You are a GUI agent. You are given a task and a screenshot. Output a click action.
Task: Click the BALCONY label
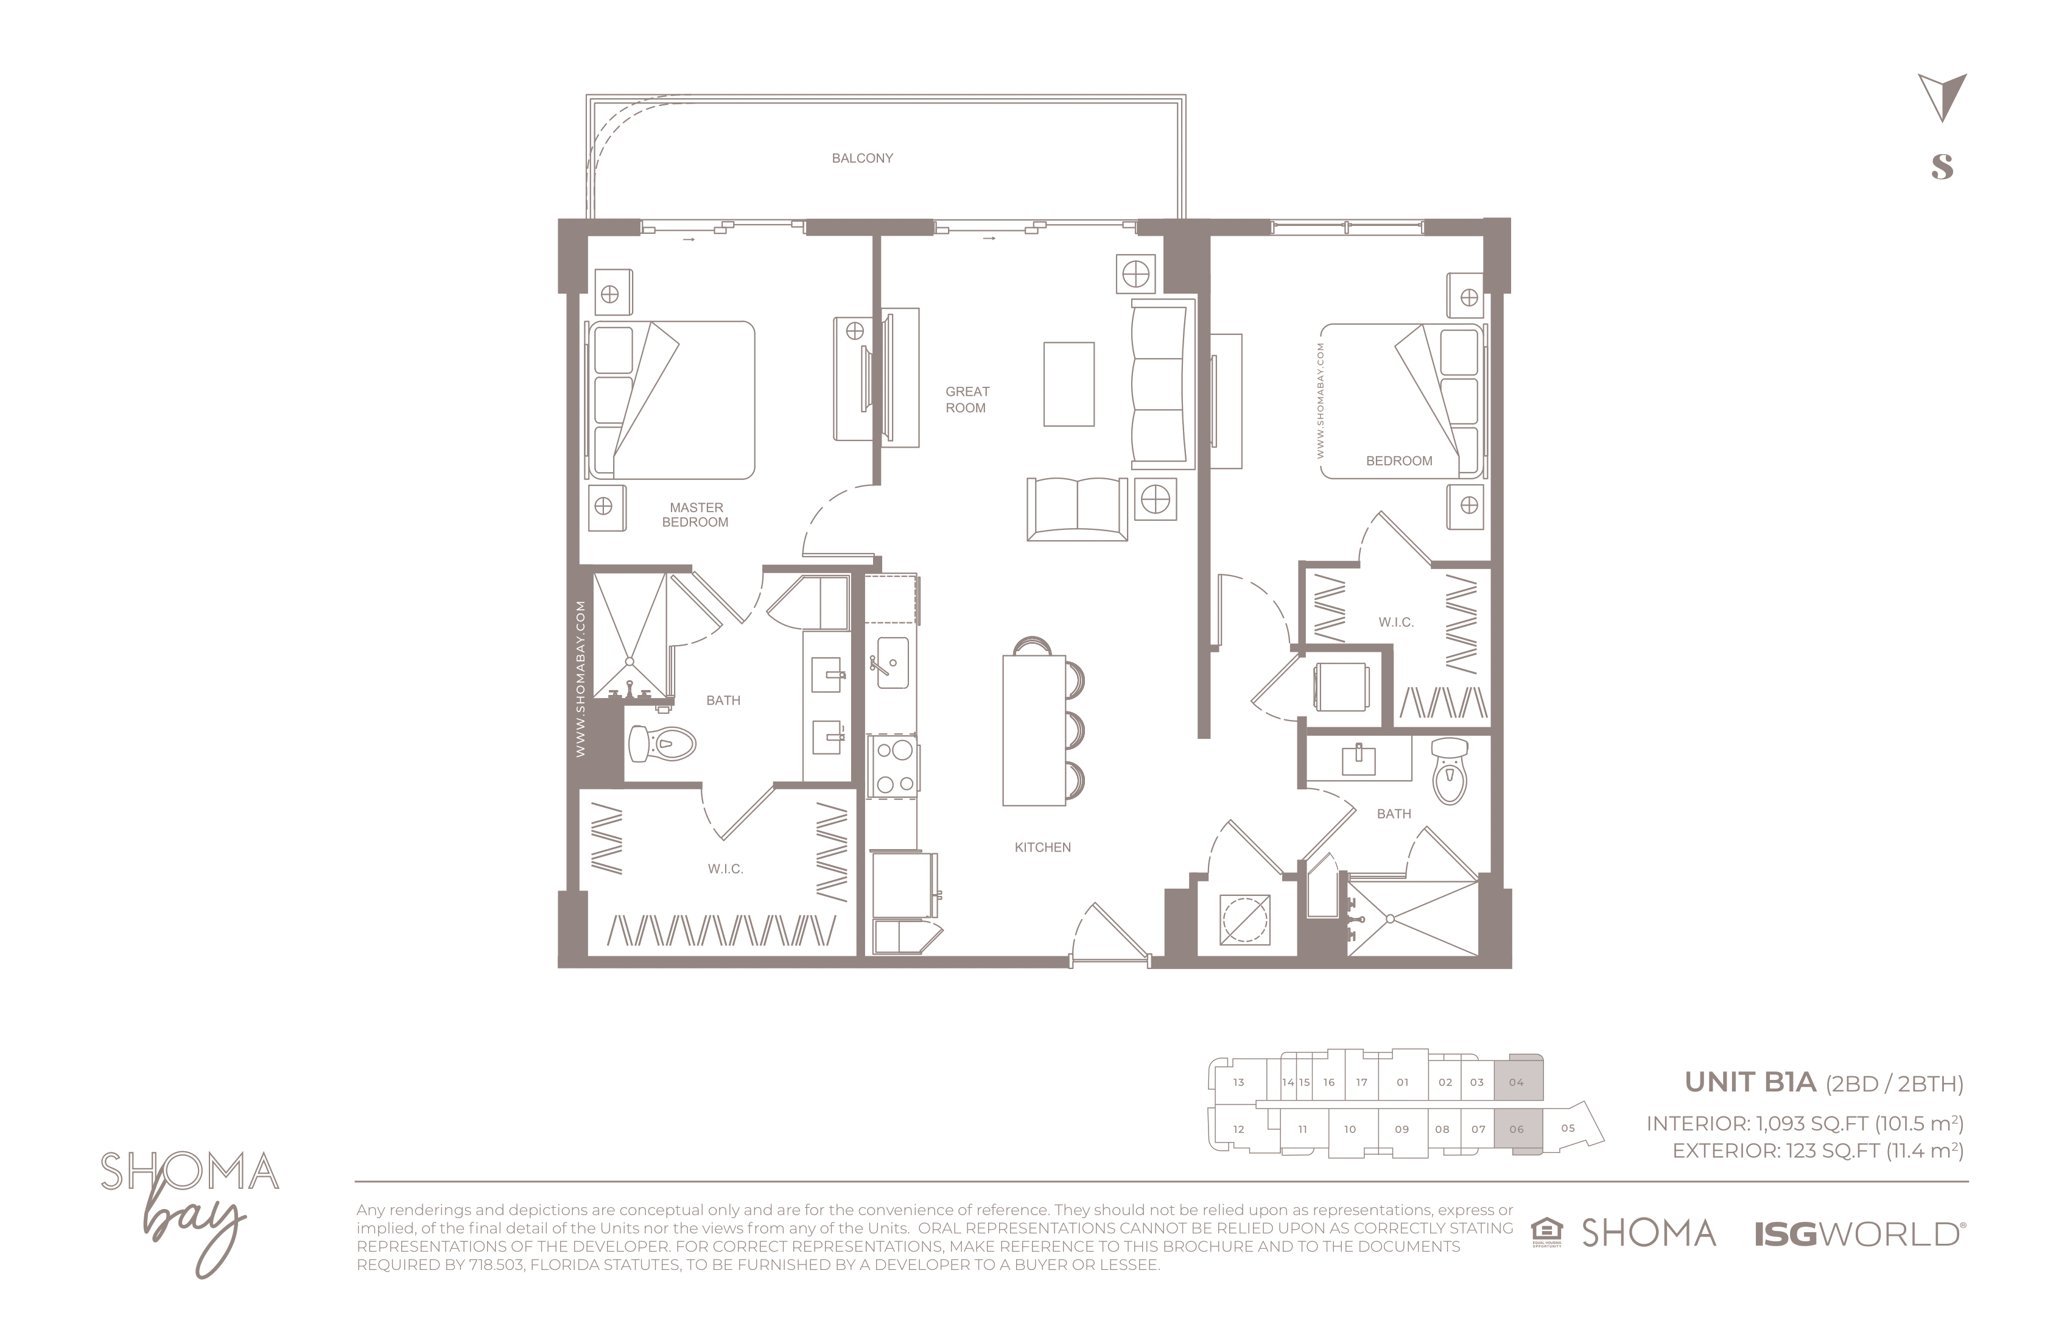point(862,158)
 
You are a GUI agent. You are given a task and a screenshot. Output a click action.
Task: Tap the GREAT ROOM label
point(966,400)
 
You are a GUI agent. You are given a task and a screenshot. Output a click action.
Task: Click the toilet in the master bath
point(662,744)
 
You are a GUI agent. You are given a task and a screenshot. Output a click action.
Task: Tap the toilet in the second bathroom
point(1449,771)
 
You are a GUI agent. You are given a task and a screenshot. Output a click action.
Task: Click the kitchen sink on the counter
point(891,663)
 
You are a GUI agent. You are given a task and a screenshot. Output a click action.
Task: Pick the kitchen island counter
point(1034,731)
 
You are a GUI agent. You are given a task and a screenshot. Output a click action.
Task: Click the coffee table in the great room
point(1069,384)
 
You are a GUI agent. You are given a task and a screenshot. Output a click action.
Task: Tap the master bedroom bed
point(670,400)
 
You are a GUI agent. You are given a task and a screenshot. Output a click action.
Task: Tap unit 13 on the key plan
point(1238,1082)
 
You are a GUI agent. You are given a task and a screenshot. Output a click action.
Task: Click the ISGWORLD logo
point(1859,1234)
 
